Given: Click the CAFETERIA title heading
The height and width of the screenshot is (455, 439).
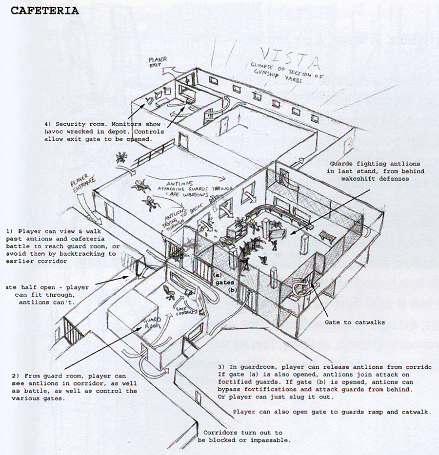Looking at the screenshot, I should pos(44,10).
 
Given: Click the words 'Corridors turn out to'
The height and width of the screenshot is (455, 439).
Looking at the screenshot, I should pos(242,433).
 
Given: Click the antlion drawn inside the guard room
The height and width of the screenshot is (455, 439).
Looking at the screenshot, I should pos(170,291).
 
